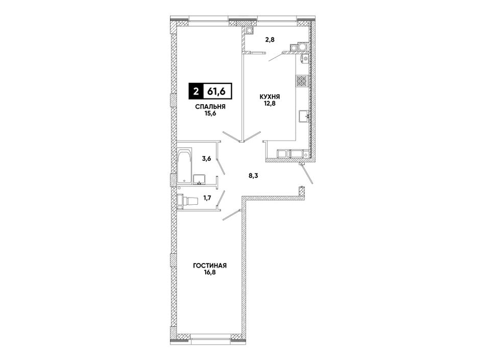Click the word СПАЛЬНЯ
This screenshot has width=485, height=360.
[x=210, y=107]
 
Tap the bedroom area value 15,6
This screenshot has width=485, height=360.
[x=210, y=113]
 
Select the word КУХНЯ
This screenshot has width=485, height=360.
[x=270, y=97]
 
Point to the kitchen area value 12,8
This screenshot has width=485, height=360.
[x=270, y=103]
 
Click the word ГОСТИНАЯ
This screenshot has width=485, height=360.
[x=210, y=266]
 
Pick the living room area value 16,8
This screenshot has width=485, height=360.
[x=210, y=272]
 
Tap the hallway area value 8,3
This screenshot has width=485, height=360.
[x=254, y=176]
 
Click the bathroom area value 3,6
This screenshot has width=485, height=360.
[x=207, y=159]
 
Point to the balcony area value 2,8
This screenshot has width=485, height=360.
[x=270, y=40]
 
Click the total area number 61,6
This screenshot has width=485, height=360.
[x=216, y=91]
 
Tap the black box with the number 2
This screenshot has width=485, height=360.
[x=196, y=91]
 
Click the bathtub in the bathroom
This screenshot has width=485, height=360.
[x=185, y=166]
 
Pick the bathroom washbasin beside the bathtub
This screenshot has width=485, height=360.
[x=199, y=179]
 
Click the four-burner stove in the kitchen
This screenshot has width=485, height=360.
[x=302, y=81]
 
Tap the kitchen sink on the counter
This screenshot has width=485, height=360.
[x=304, y=116]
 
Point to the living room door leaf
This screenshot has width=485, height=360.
[x=232, y=215]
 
